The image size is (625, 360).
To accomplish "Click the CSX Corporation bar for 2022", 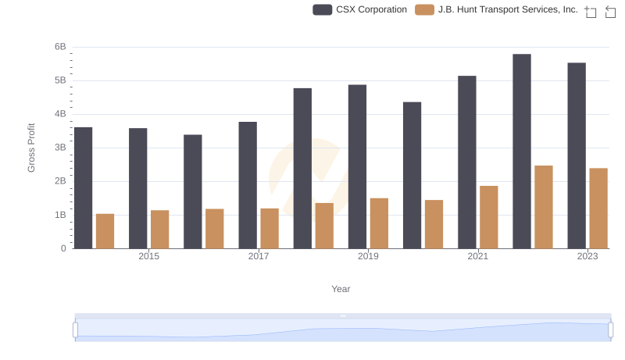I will [x=522, y=151].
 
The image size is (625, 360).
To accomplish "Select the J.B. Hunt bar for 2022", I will [x=544, y=207].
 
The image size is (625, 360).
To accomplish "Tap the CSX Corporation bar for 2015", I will [x=138, y=188].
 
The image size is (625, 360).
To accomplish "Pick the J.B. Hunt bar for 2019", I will [x=379, y=223].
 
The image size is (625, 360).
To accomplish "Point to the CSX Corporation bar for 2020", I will [x=412, y=175].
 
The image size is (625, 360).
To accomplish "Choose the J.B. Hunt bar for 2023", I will [x=598, y=209].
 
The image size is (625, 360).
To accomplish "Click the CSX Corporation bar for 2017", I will [x=248, y=185].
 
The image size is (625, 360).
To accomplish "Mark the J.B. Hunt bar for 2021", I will [x=489, y=217].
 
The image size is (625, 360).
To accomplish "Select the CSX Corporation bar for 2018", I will [x=302, y=168].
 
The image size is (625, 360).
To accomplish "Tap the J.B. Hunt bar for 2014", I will [x=105, y=231].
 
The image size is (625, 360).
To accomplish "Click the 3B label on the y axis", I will [x=60, y=148].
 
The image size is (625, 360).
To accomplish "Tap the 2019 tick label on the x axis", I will [x=368, y=257].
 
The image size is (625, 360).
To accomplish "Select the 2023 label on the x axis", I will [x=587, y=257].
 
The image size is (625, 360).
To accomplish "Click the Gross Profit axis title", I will [x=32, y=148].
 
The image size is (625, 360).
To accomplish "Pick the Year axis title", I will [x=341, y=289].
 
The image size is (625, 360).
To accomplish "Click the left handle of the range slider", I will [x=76, y=330].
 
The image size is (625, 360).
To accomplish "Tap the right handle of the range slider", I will [x=611, y=330].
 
